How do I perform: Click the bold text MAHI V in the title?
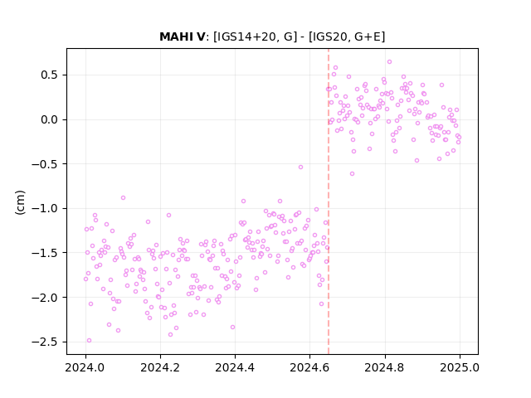coord(183,36)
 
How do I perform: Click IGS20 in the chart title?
coord(327,36)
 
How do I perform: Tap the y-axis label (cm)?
coord(20,202)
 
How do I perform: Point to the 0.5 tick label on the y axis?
coord(50,75)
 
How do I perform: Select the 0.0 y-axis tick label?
coord(50,119)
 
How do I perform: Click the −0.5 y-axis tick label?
coord(45,164)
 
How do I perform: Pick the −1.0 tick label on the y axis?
coord(45,208)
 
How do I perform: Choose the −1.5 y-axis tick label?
coord(45,253)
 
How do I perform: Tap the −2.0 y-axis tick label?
coord(45,298)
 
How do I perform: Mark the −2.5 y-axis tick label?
coord(45,342)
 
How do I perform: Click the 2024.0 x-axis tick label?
coord(85,367)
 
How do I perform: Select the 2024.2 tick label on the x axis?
coord(160,367)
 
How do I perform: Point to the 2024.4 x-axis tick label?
coord(235,367)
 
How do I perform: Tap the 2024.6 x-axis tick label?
coord(309,367)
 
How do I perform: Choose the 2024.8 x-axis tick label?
coord(385,367)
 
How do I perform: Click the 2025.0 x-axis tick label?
coord(460,367)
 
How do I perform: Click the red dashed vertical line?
coord(329,201)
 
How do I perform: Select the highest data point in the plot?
coord(389,62)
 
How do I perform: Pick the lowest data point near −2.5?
coord(89,341)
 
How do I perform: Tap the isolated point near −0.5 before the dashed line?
coord(300,167)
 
